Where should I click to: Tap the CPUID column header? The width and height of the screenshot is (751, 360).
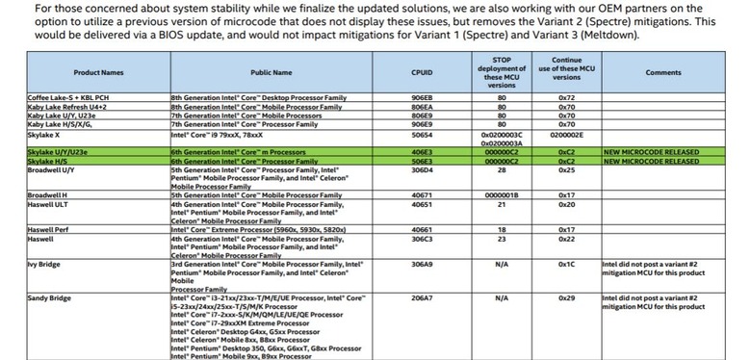(422, 72)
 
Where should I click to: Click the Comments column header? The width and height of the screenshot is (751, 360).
(663, 72)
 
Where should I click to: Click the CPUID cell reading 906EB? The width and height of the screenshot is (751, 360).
(422, 98)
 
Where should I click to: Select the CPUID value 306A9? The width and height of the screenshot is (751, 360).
(422, 262)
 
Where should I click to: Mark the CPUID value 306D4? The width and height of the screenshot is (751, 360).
(422, 169)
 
